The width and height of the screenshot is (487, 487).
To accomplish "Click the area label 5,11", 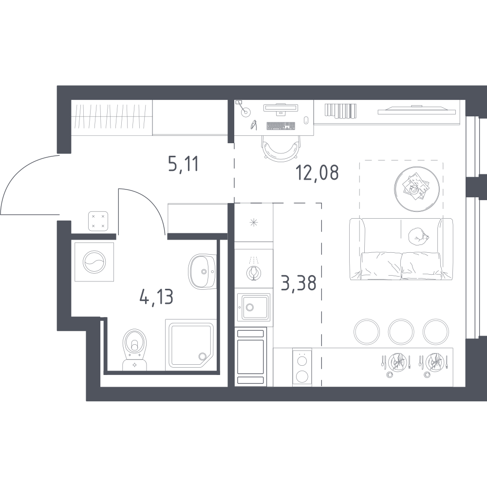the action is tap(183, 164).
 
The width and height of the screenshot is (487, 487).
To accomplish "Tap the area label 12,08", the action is tap(317, 172).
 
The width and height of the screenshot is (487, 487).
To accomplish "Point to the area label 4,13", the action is tap(156, 297).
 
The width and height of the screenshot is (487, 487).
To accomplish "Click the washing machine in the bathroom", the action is tap(94, 262).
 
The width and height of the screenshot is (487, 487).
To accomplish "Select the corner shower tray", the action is tap(189, 345).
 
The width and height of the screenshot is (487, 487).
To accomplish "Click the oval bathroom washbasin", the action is tap(202, 271).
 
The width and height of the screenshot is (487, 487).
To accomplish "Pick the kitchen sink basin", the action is tap(254, 307).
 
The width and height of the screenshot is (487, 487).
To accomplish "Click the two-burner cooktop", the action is tap(302, 367).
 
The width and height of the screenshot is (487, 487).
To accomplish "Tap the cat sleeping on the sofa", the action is tap(418, 237).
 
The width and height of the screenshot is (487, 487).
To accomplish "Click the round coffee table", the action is tap(417, 189).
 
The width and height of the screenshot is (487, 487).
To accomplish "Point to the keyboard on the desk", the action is tap(281, 126).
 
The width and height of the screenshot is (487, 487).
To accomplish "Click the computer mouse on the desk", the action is tap(306, 120).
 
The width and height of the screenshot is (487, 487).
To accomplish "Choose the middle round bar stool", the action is tap(401, 331).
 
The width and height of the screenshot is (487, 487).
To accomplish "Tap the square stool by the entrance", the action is tap(98, 221).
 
